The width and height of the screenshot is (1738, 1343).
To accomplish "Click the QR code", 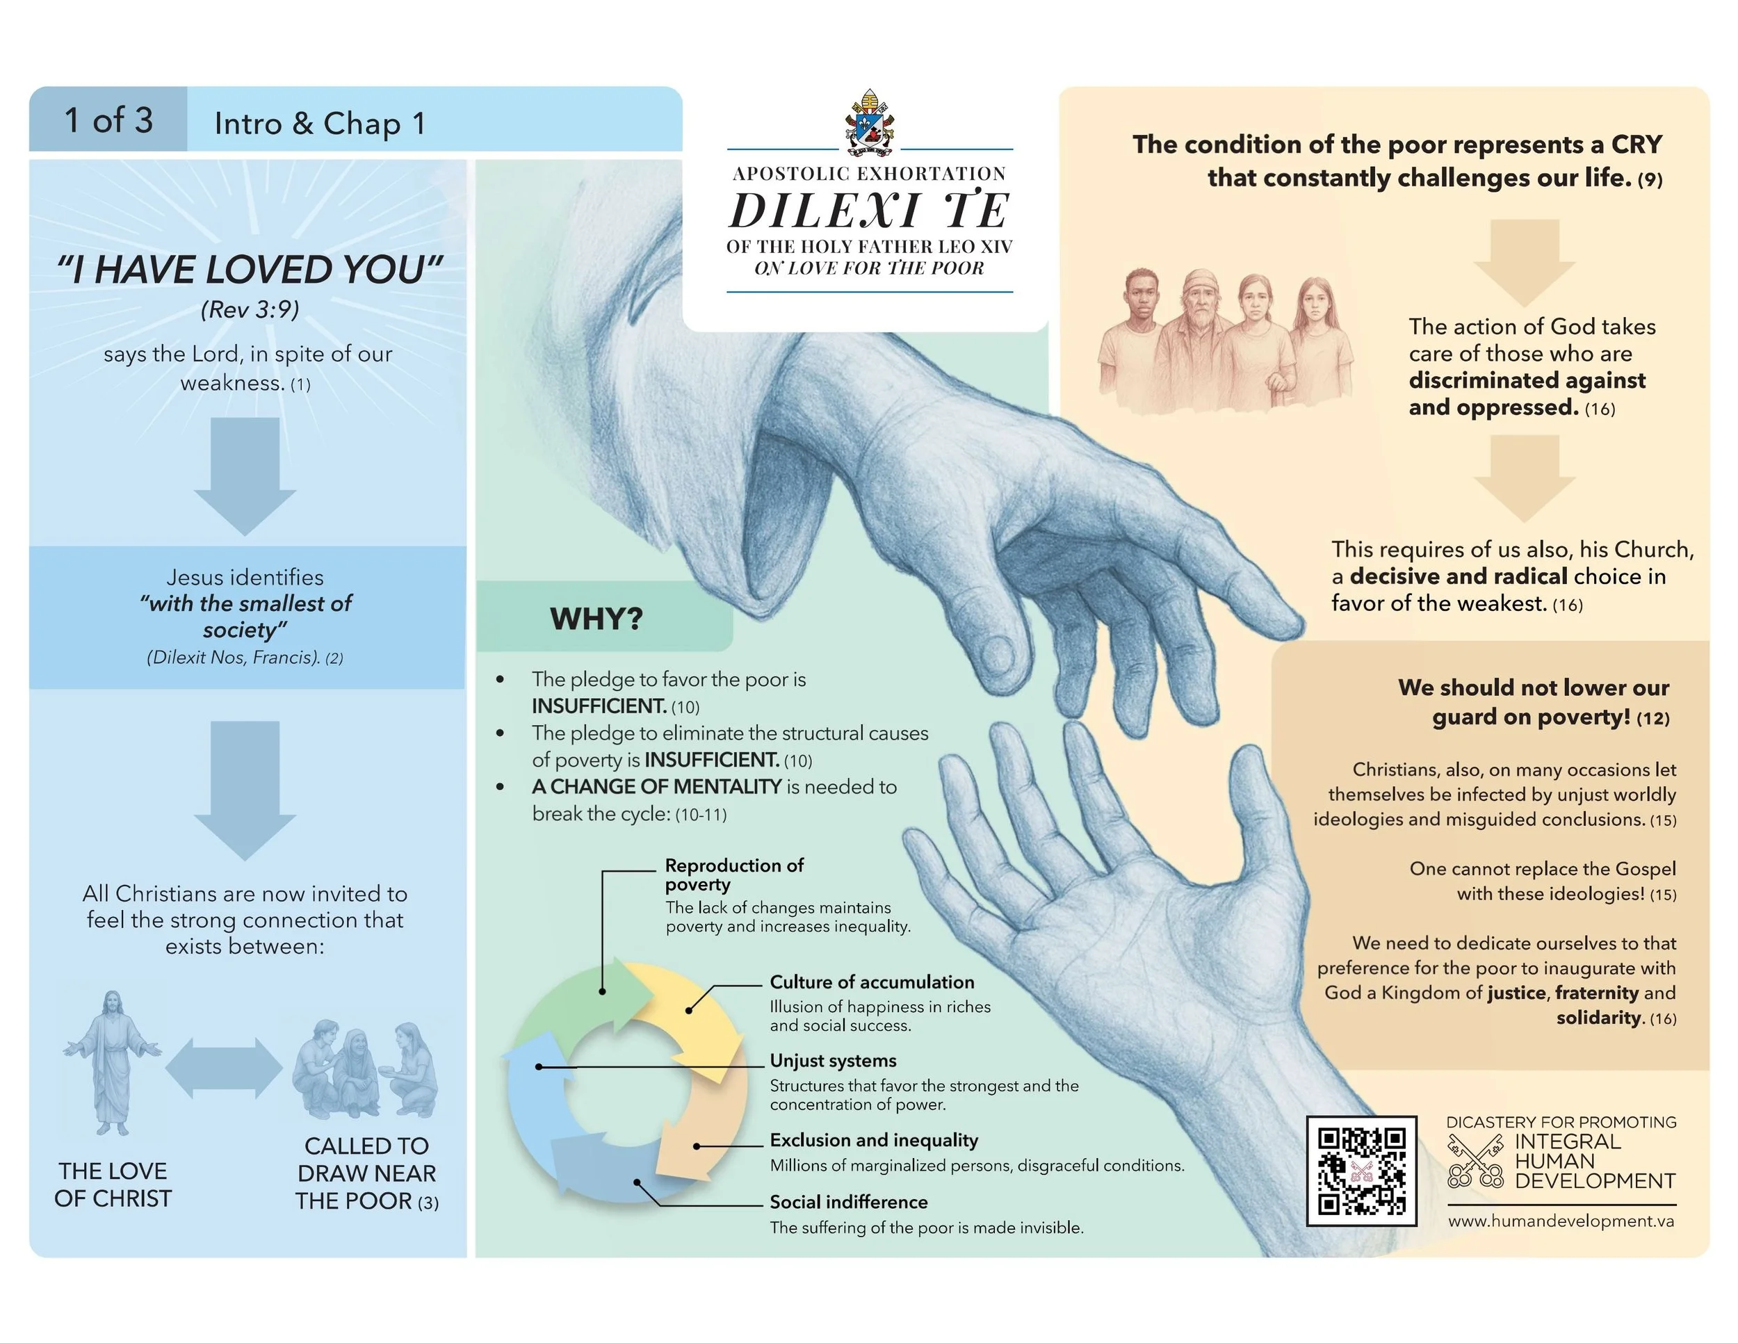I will click(1361, 1171).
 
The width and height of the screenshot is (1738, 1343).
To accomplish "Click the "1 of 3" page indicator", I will click(108, 120).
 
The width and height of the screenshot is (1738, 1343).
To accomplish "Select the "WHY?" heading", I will click(596, 618).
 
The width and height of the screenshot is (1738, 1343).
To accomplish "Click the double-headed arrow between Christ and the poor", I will click(224, 1068).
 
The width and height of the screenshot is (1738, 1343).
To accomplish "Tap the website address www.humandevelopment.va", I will click(1561, 1221).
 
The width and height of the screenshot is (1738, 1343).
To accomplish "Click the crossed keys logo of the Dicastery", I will click(1475, 1162).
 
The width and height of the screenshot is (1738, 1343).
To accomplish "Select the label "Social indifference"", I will click(848, 1201).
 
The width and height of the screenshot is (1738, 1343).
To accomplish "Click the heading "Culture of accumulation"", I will click(871, 982).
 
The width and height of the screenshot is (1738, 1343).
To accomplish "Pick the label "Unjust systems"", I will click(832, 1061).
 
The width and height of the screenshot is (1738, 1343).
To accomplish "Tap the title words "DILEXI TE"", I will click(869, 211).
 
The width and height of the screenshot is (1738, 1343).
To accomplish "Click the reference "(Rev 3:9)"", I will click(250, 309).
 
